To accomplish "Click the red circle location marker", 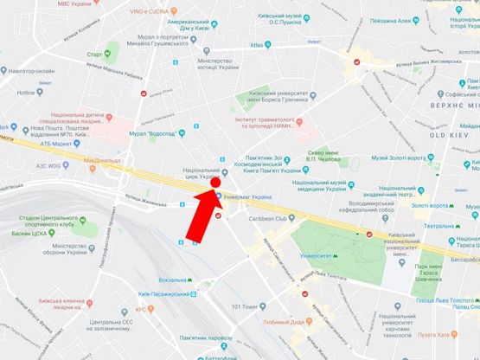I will tap(215, 183).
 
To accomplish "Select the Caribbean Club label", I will tap(285, 220).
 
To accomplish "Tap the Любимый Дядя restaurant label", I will tap(279, 322).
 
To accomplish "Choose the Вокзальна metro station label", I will tap(178, 280).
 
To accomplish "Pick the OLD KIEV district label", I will tap(451, 137).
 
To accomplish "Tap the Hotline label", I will tap(26, 92).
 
